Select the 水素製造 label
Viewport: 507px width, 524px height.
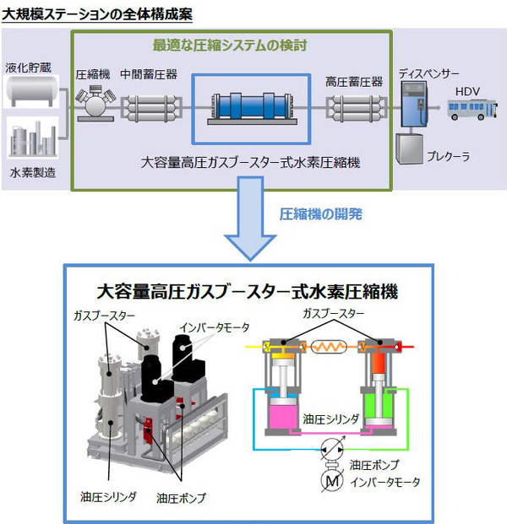click(x=31, y=172)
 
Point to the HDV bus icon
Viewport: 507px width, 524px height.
click(x=468, y=110)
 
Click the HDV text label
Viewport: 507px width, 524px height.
click(x=467, y=90)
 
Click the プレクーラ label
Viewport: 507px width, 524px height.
click(x=447, y=156)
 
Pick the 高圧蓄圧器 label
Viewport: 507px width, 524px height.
click(x=354, y=81)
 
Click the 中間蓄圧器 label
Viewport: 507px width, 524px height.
click(x=148, y=73)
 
